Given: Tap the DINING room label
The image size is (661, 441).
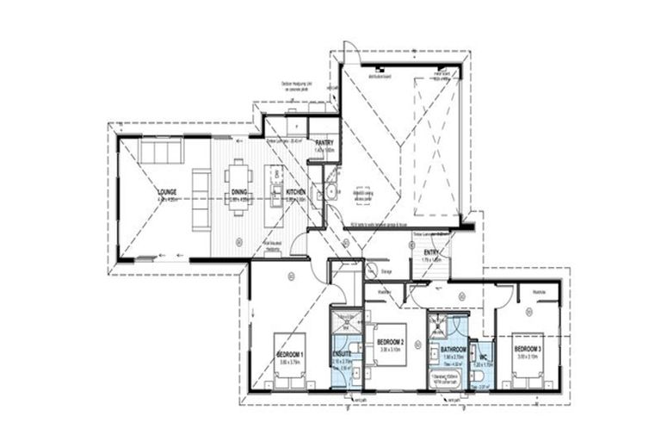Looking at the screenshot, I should click(x=238, y=192).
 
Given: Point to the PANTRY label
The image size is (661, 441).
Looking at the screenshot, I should click(x=324, y=143).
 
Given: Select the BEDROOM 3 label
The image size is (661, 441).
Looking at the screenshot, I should click(x=526, y=349).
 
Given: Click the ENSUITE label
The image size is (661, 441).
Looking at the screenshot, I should click(x=343, y=353).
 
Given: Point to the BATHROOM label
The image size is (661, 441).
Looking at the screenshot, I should click(x=453, y=349).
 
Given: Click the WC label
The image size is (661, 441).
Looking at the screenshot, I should click(x=484, y=355).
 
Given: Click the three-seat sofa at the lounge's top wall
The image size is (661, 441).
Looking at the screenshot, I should click(x=158, y=152).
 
